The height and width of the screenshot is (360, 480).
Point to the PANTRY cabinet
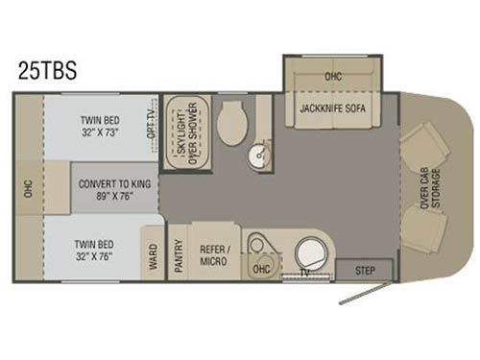tap(179, 252)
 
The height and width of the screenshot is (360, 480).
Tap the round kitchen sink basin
tap(309, 255)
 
